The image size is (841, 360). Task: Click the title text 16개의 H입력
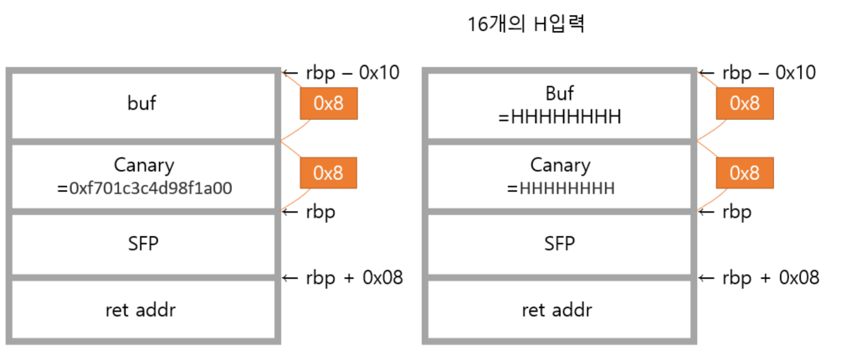[526, 24]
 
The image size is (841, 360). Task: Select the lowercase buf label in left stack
[141, 104]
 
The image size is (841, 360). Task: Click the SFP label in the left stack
[141, 244]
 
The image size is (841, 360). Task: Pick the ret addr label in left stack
[141, 310]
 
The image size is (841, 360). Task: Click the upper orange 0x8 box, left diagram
[328, 103]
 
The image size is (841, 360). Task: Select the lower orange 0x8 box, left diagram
[328, 172]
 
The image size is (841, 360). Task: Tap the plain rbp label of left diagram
[318, 213]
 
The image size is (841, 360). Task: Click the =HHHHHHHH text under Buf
[559, 118]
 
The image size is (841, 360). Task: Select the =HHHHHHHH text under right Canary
[559, 188]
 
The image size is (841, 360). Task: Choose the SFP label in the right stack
[559, 244]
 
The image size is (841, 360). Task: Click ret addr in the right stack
[559, 310]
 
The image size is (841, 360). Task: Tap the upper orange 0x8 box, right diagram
[745, 103]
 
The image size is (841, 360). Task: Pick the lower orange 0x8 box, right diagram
[745, 172]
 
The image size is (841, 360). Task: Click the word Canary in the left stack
[142, 165]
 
